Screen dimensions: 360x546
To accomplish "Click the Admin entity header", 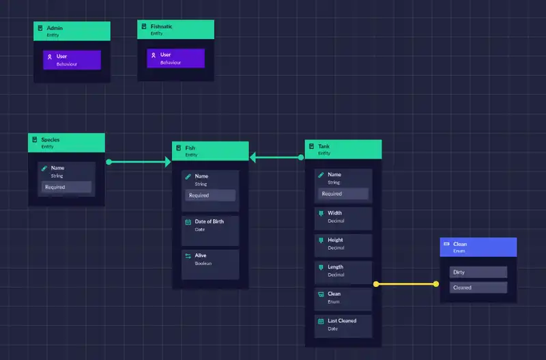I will pos(72,31).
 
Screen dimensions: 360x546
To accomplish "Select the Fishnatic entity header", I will pos(175,29).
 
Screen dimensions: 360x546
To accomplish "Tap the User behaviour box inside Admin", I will pos(72,59).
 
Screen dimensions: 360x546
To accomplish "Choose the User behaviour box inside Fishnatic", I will pos(175,58).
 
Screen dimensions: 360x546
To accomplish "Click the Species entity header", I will pos(66,142).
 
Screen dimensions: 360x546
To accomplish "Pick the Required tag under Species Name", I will pos(66,186).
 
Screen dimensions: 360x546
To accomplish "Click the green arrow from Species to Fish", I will pos(139,162).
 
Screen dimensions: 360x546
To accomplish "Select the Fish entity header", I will pos(210,151).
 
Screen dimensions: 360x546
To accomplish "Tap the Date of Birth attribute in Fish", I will pos(210,225).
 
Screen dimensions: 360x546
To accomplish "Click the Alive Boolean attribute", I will pos(210,259).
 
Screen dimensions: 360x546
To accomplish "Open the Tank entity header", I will pos(343,150).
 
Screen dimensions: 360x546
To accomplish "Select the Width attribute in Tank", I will pos(343,217).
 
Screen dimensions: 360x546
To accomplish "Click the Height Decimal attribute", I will pos(343,244).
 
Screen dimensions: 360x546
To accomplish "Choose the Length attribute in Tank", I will pos(343,271).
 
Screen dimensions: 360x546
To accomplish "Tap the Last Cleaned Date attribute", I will pos(343,324).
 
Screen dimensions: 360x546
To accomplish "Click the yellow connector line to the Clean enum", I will pos(406,283).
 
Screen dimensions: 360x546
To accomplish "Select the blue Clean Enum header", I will pos(478,247).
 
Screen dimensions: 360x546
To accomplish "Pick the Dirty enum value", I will pos(478,272).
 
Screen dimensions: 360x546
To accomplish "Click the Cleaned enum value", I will pos(478,288).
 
